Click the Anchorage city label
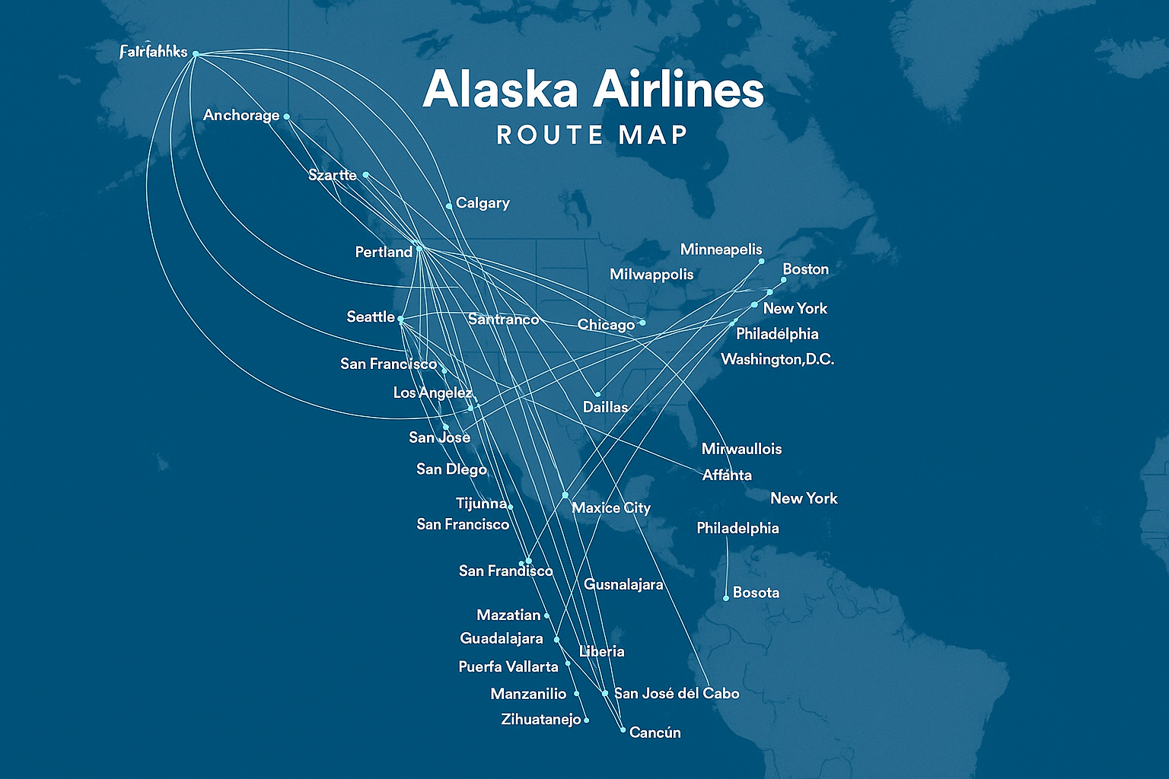tap(241, 116)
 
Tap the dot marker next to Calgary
tap(449, 205)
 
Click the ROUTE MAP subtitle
tap(592, 135)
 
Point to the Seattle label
tap(371, 316)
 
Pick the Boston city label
tap(805, 269)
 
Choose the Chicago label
tap(606, 325)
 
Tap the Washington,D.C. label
tap(777, 359)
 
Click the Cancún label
tap(655, 733)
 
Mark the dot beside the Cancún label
tap(623, 730)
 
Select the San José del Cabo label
tap(677, 693)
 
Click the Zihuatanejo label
tap(541, 719)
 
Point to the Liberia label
tap(601, 651)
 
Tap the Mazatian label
tap(508, 615)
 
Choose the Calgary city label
tap(483, 203)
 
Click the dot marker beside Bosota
tap(726, 598)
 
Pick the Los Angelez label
tap(432, 393)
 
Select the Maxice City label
tap(610, 507)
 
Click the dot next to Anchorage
tap(286, 116)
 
